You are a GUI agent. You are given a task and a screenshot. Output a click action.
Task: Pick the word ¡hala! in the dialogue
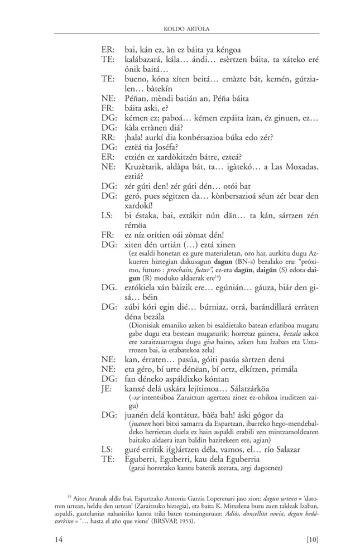pyautogui.click(x=135, y=137)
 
